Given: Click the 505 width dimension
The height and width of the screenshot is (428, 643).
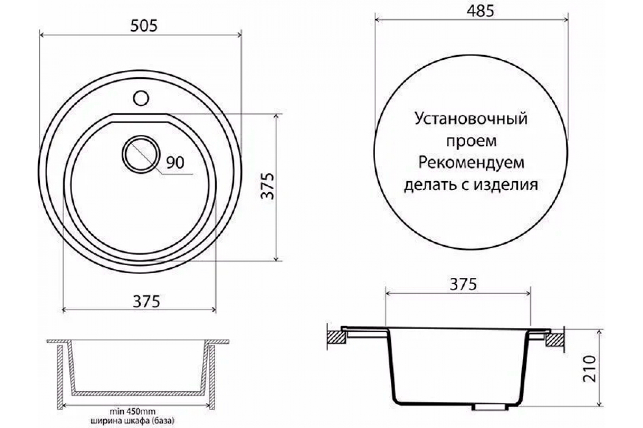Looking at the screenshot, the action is [144, 26].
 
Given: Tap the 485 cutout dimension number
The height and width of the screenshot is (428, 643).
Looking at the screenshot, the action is [480, 12].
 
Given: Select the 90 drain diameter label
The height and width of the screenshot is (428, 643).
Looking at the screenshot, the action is [175, 162].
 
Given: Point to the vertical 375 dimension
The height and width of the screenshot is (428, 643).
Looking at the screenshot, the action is [267, 186].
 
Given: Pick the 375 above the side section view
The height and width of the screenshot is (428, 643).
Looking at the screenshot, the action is [463, 284].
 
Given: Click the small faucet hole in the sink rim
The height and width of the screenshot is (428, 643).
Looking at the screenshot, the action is [141, 98].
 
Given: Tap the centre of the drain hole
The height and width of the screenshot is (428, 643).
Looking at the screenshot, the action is [141, 154].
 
